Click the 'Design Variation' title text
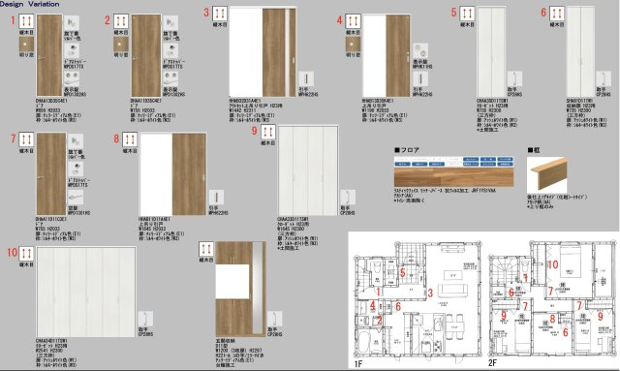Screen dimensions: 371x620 (x=26, y=4)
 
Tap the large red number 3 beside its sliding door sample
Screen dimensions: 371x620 (x=206, y=14)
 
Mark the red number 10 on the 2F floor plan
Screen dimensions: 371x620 (x=554, y=263)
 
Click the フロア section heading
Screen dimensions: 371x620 (x=406, y=152)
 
